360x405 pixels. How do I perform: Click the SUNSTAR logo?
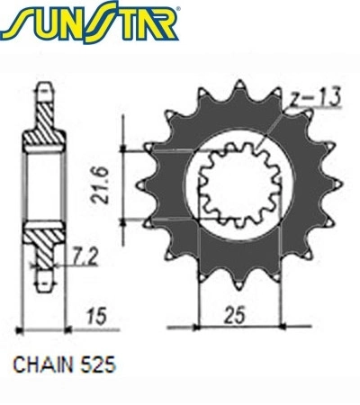click(x=90, y=22)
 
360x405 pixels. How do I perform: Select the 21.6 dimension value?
click(x=101, y=185)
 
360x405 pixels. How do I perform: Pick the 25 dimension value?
click(x=235, y=315)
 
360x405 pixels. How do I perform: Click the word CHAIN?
click(x=43, y=364)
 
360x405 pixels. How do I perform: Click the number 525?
click(x=98, y=364)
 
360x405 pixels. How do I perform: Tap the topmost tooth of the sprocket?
click(x=239, y=88)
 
